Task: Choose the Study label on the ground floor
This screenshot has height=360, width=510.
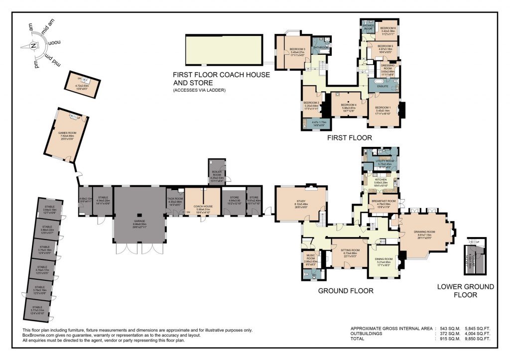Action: [300, 202]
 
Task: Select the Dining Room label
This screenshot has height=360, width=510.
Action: [387, 259]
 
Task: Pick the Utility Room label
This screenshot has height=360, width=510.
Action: [384, 162]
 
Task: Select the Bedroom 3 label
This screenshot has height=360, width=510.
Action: [297, 49]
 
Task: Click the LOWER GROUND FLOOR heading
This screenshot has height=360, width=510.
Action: [465, 290]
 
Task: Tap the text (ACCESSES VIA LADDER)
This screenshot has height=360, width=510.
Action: [199, 91]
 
